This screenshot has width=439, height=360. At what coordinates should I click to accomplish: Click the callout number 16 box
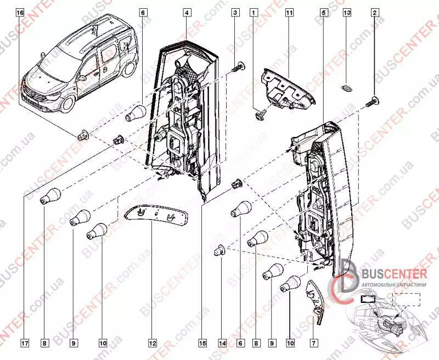(20, 12)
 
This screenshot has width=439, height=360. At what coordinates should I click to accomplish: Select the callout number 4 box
(187, 12)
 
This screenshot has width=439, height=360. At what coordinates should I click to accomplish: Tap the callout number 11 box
(288, 12)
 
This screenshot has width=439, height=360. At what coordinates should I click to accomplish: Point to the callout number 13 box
(346, 12)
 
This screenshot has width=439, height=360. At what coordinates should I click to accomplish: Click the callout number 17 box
(25, 343)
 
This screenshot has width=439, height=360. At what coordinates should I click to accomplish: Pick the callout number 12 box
(152, 343)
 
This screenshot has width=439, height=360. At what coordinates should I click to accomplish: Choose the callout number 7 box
(314, 343)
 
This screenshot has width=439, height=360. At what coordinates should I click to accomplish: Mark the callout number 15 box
(202, 343)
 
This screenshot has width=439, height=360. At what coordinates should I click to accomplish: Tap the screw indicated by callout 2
(374, 100)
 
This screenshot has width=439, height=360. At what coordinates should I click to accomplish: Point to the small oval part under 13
(347, 87)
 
